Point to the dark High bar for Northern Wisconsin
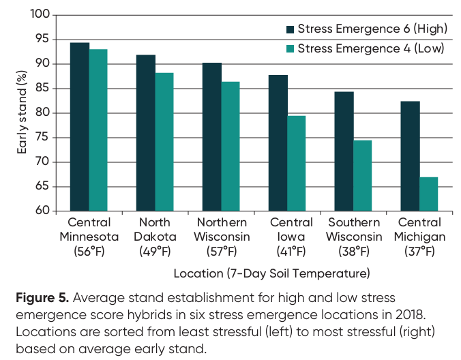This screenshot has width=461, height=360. point(211,136)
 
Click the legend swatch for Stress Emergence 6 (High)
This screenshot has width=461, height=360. point(290,29)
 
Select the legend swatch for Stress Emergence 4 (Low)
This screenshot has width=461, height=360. point(290,48)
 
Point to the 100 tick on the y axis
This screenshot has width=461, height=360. point(42,15)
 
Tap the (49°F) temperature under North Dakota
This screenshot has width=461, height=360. point(155,252)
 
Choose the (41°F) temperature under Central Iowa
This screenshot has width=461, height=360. point(287,252)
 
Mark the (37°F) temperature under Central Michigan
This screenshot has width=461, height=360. point(419,252)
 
